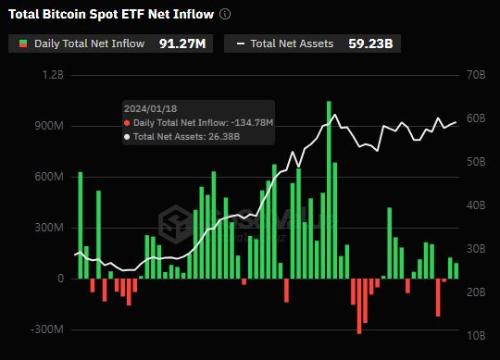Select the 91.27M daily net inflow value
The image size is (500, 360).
click(x=182, y=43)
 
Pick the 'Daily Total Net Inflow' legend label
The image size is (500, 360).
click(x=89, y=43)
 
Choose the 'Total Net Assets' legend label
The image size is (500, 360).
click(x=292, y=43)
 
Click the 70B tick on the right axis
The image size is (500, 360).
click(x=478, y=75)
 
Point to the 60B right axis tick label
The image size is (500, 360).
click(x=478, y=118)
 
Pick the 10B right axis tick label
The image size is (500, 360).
click(x=478, y=336)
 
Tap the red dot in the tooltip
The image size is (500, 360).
click(x=127, y=122)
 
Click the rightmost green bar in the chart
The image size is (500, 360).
click(x=456, y=270)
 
